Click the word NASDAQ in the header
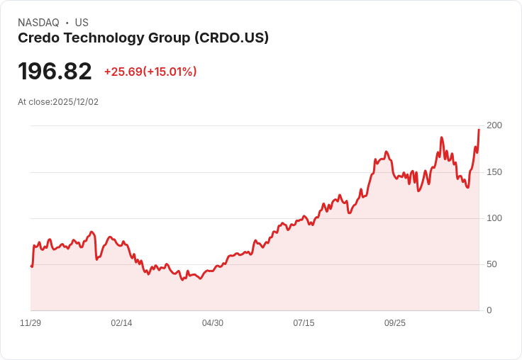point(38,23)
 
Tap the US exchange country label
point(82,23)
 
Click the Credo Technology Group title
point(104,38)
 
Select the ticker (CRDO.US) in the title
point(231,38)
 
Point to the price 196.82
point(55,72)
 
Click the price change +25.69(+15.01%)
point(150,72)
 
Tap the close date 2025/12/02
point(75,102)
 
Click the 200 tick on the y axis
point(494,125)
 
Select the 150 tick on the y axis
point(494,172)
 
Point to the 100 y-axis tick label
point(494,218)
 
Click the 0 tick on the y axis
point(489,310)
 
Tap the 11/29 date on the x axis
point(30,323)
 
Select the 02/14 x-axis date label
point(121,323)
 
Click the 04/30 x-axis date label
point(213,323)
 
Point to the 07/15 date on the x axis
point(304,323)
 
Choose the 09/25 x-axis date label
point(395,323)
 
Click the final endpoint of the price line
point(479,130)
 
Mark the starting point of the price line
point(31,266)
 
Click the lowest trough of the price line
point(182,280)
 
